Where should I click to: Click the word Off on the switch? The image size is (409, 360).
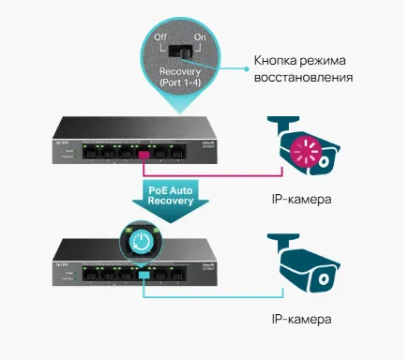pyautogui.click(x=160, y=39)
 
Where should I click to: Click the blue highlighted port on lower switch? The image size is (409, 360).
pyautogui.click(x=144, y=272)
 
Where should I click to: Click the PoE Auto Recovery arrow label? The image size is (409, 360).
pyautogui.click(x=173, y=195)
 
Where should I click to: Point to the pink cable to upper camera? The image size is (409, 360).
pyautogui.click(x=216, y=174)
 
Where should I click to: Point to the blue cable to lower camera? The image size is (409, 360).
pyautogui.click(x=216, y=293)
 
